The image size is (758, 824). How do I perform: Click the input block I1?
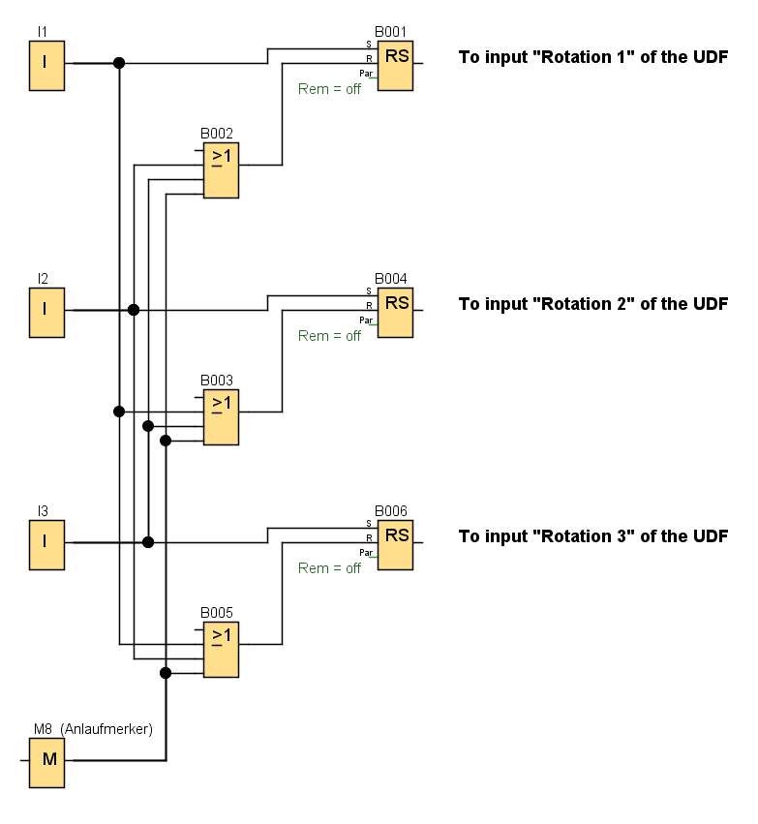[x=46, y=66]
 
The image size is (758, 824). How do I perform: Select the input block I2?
[x=46, y=312]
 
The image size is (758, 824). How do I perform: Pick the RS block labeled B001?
[x=395, y=66]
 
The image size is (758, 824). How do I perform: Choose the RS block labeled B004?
[x=395, y=312]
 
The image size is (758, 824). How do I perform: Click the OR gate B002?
[x=221, y=170]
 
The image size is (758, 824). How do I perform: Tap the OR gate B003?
[x=221, y=417]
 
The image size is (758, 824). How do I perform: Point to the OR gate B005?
[x=221, y=650]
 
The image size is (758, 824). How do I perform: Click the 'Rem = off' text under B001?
[x=329, y=90]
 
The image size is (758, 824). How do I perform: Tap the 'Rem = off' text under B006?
[x=329, y=568]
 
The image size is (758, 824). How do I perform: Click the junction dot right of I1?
[x=119, y=63]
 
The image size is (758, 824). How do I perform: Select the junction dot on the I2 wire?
[x=134, y=310]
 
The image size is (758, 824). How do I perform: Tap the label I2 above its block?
[x=43, y=279]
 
